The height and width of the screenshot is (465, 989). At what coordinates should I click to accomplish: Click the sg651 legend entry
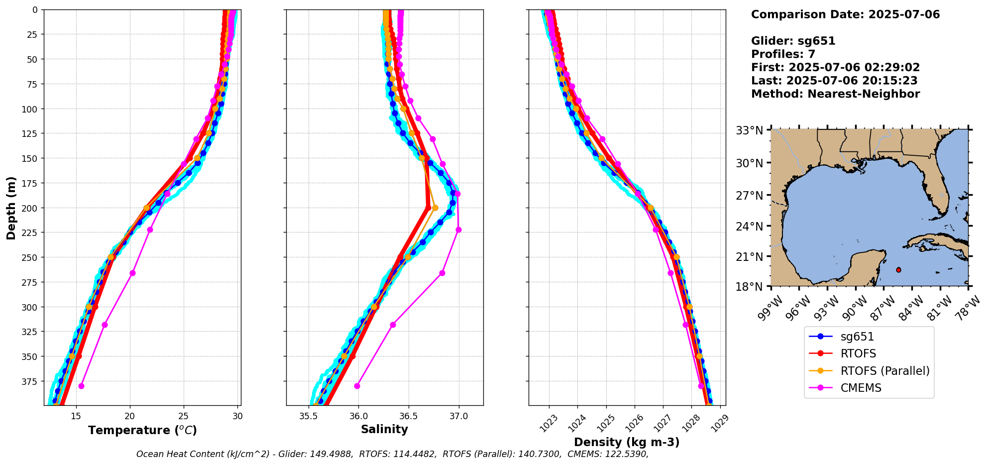[857, 337]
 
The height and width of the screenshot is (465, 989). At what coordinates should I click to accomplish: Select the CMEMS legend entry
[861, 388]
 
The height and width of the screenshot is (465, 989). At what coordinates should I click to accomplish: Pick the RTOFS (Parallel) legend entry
[884, 371]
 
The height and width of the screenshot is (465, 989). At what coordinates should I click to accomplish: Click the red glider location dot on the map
[898, 270]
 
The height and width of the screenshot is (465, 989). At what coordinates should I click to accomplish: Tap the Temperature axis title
[142, 430]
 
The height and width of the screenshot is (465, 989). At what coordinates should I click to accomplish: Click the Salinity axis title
[384, 429]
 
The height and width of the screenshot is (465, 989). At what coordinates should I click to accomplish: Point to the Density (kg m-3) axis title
[627, 442]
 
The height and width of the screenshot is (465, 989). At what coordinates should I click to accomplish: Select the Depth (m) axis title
[11, 208]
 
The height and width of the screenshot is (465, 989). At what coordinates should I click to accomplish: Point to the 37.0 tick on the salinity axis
[458, 416]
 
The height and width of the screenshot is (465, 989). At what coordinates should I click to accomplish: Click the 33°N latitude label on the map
[750, 131]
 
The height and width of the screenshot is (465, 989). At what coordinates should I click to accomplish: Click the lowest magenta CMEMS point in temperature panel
[81, 386]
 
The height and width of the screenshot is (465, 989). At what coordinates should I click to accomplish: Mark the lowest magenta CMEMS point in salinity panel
[357, 386]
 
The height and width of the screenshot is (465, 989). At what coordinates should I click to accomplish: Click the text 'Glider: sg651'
[793, 41]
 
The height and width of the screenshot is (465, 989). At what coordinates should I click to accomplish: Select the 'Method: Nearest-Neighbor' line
[835, 94]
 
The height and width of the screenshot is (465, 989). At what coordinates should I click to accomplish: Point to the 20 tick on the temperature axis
[130, 416]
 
